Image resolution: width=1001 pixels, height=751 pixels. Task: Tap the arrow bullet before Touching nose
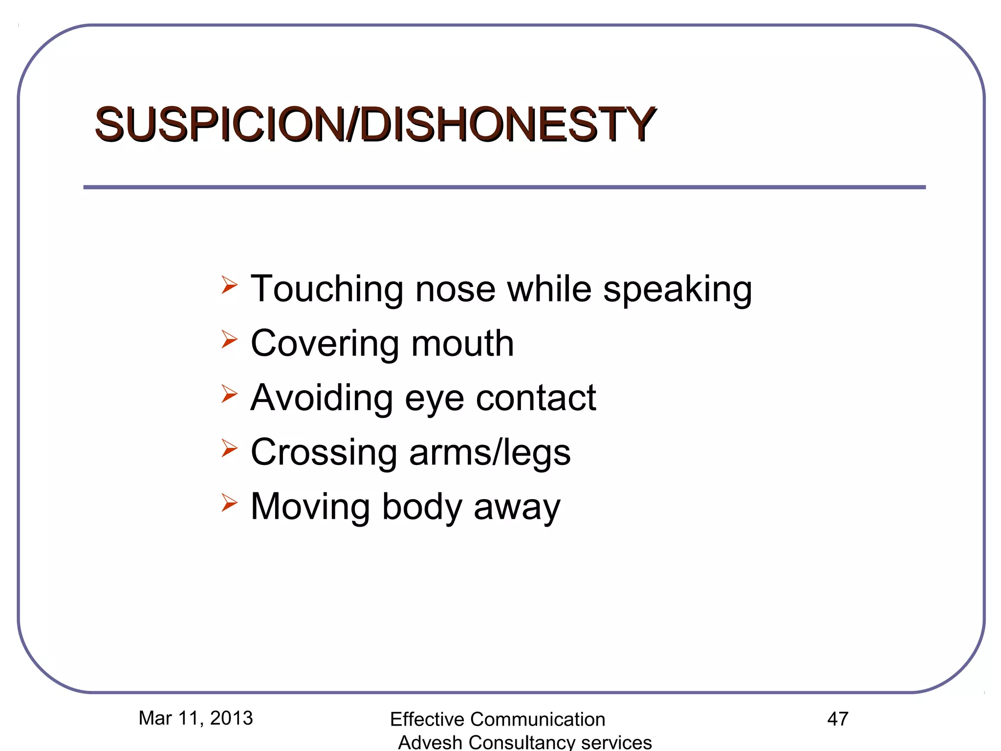[229, 285]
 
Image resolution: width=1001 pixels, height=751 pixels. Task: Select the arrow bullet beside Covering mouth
[229, 339]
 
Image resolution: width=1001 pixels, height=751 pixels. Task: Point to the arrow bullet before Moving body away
[229, 502]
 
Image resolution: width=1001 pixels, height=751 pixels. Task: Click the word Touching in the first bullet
[326, 290]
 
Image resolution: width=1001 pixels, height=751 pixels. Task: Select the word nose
[455, 289]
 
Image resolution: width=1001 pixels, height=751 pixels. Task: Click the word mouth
[462, 343]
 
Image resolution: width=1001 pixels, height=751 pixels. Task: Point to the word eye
[434, 398]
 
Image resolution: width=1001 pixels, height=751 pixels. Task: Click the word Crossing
[324, 453]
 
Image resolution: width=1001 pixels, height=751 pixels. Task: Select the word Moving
[310, 507]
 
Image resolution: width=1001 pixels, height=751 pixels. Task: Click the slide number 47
[838, 719]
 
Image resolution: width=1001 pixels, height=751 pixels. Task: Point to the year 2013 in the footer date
[231, 718]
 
